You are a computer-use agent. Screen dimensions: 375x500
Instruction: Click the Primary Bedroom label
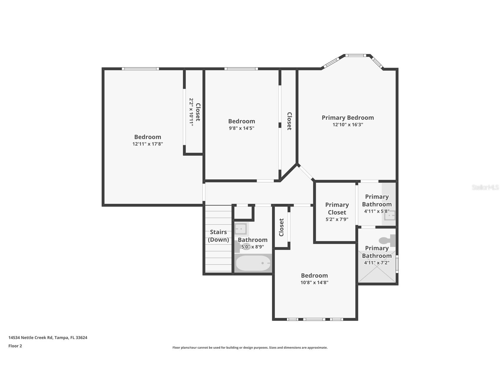coord(348,118)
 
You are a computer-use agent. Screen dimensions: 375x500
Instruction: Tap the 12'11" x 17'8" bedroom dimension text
coord(148,144)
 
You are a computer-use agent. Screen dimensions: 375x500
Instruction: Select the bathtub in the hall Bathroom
coord(253,263)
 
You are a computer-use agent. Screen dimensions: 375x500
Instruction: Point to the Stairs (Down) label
coord(218,236)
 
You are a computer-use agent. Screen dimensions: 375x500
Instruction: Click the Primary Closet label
coord(337,208)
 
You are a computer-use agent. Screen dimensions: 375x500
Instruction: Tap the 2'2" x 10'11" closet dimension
coord(191,112)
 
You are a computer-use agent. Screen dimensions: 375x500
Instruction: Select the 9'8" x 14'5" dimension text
coord(242,128)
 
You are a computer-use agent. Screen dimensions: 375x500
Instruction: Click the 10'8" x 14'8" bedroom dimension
coord(314,282)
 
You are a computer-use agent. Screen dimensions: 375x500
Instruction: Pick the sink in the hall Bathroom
coord(241,229)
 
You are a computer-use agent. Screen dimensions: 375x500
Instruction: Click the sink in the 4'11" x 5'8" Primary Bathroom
coord(390,215)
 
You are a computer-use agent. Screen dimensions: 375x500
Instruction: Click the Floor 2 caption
coord(15,346)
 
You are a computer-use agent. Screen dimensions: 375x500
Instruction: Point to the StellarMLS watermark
coord(485,187)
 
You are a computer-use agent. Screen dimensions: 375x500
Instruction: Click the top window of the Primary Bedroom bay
coord(356,55)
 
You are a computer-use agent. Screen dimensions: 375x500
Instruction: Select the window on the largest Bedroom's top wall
coord(140,69)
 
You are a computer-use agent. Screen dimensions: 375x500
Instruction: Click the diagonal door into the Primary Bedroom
coord(306,172)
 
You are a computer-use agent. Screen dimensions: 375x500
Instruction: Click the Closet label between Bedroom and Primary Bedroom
coord(289,121)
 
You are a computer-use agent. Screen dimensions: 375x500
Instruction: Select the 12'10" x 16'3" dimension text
coord(348,125)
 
